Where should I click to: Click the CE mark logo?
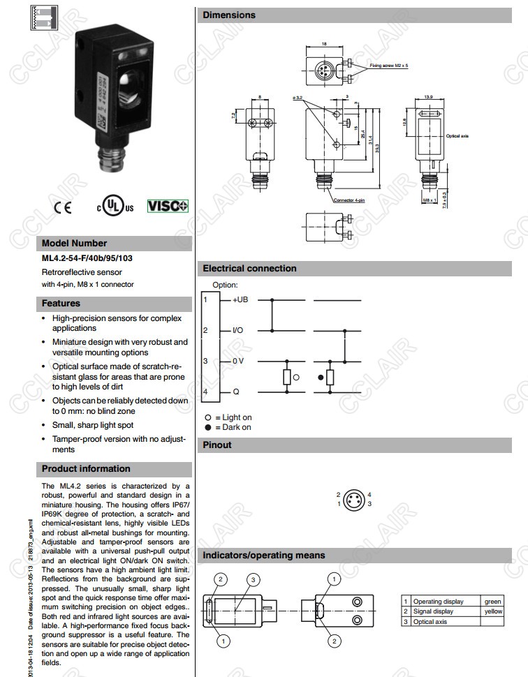point(62,207)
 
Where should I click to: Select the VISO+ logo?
point(168,206)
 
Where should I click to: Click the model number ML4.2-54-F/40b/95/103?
point(87,258)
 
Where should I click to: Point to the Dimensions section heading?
point(229,15)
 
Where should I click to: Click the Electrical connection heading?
point(249,268)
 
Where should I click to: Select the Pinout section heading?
point(217,445)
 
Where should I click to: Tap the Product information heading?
point(86,468)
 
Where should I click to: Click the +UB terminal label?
point(241,299)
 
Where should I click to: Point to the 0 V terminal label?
point(239,361)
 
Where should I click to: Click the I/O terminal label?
point(238,330)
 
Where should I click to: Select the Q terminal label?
point(236,392)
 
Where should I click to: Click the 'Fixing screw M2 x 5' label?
point(390,65)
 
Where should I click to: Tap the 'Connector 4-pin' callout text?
point(353,200)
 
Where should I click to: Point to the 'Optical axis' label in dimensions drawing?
point(457,135)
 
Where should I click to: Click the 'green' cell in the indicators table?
point(492,601)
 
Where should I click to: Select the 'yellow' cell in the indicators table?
point(492,611)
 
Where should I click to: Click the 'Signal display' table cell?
point(433,611)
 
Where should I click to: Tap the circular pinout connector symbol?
point(354,498)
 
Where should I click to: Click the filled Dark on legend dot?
point(207,426)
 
